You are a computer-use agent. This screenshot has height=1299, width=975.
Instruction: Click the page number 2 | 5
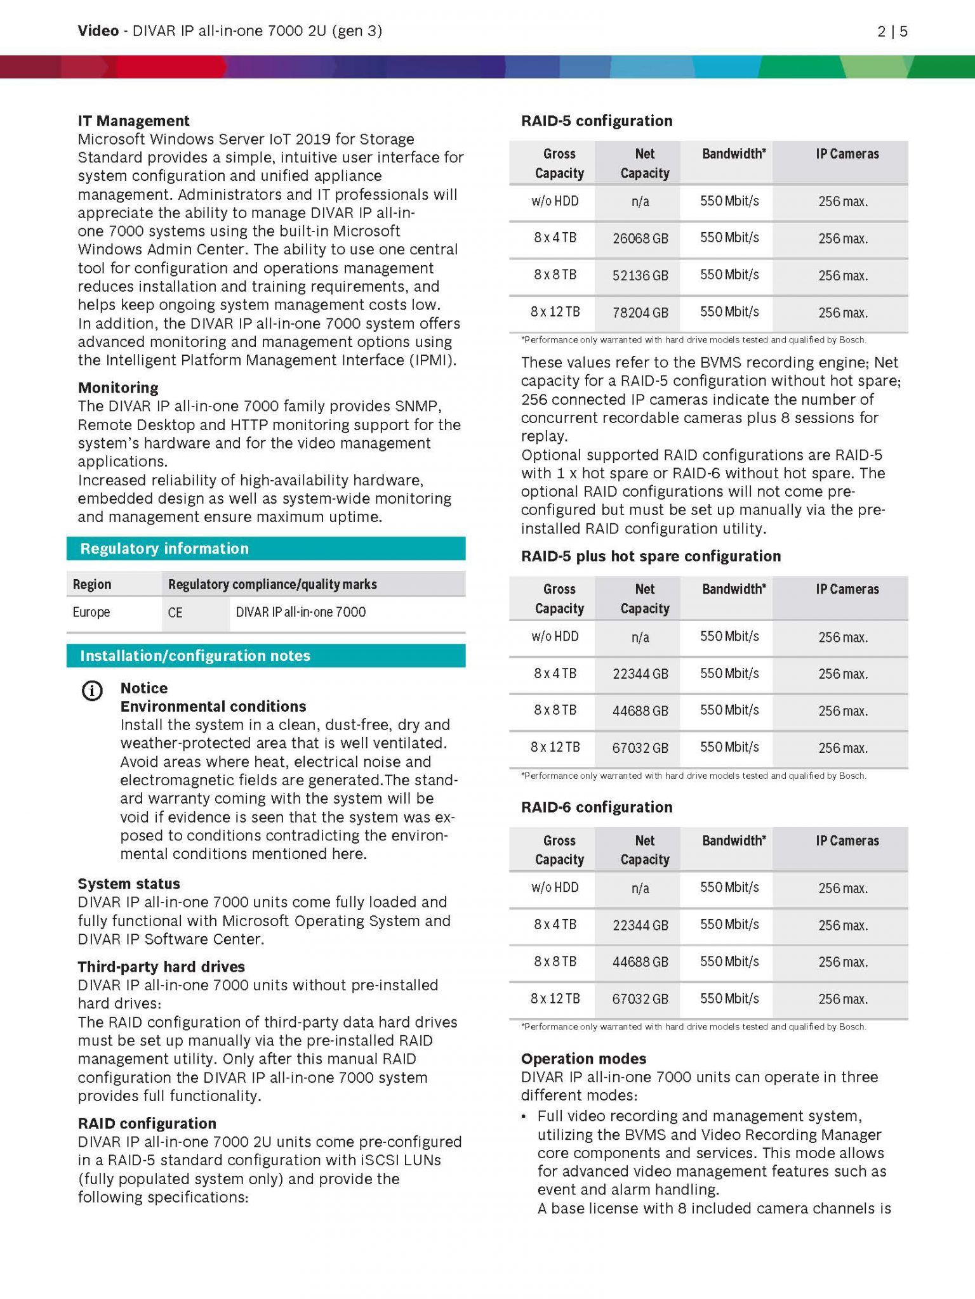[892, 31]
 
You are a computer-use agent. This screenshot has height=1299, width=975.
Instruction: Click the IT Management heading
[133, 121]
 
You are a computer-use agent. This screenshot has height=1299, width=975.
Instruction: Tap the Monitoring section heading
[118, 388]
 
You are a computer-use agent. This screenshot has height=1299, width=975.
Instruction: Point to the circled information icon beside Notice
[92, 691]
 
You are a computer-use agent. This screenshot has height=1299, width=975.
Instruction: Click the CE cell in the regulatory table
[175, 613]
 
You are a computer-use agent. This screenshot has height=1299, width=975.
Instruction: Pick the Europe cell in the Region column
[91, 612]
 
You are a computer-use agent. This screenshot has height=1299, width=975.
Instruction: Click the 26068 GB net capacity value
[640, 238]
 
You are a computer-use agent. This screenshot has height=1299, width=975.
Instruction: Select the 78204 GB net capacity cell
[640, 313]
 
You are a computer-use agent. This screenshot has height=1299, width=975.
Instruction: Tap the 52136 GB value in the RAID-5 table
[640, 276]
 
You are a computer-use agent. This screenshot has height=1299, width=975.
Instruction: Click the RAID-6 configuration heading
[596, 807]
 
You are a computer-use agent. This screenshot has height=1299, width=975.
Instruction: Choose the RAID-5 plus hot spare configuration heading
[651, 556]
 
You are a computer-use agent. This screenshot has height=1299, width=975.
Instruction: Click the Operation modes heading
[583, 1059]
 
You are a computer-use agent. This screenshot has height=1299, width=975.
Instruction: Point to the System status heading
[129, 884]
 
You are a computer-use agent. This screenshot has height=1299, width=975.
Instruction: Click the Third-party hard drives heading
[161, 967]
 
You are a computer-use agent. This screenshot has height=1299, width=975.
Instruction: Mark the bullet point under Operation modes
[524, 1116]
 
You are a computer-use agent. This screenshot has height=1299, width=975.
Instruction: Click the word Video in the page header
[98, 31]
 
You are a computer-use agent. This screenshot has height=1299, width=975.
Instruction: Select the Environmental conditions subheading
[213, 707]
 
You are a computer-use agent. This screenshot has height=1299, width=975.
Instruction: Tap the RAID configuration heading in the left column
[147, 1123]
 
